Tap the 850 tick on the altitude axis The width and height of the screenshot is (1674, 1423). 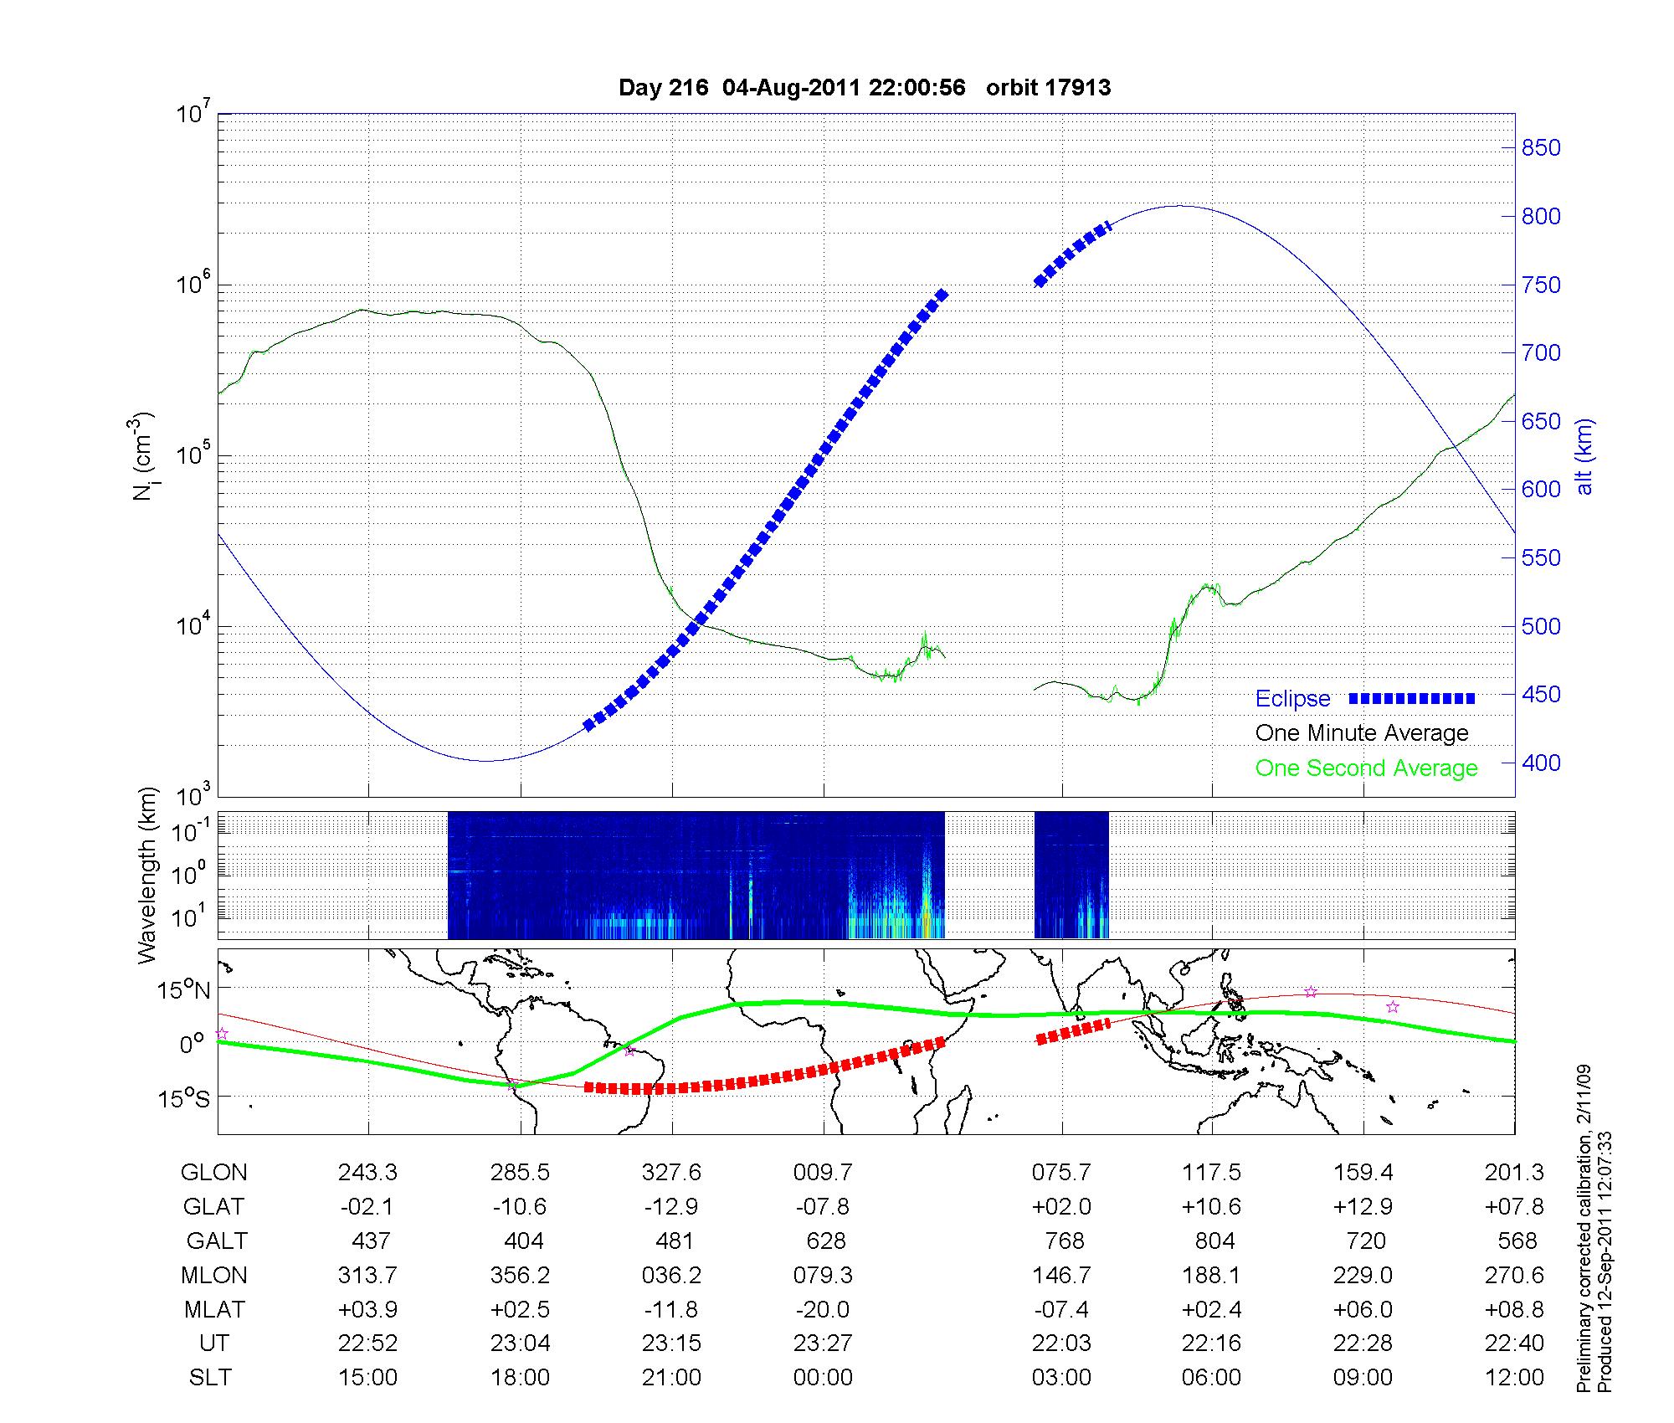pyautogui.click(x=1541, y=148)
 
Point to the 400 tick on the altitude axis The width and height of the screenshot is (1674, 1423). pyautogui.click(x=1541, y=763)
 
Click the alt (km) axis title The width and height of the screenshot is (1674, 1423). pyautogui.click(x=1584, y=455)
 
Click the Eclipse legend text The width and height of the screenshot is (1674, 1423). pyautogui.click(x=1292, y=699)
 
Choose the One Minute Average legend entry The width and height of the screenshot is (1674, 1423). pyautogui.click(x=1362, y=733)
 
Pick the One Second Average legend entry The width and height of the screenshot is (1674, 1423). pyautogui.click(x=1366, y=768)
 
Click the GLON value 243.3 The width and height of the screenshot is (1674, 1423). pyautogui.click(x=367, y=1173)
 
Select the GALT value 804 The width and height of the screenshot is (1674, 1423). pyautogui.click(x=1214, y=1241)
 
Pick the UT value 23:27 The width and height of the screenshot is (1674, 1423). pyautogui.click(x=823, y=1343)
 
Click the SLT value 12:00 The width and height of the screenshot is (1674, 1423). pyautogui.click(x=1514, y=1378)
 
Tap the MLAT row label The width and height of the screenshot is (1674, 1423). pyautogui.click(x=214, y=1309)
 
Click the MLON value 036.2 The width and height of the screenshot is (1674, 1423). pyautogui.click(x=671, y=1275)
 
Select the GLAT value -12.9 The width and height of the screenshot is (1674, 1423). pyautogui.click(x=671, y=1207)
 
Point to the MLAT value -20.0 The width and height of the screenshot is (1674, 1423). pyautogui.click(x=823, y=1309)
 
